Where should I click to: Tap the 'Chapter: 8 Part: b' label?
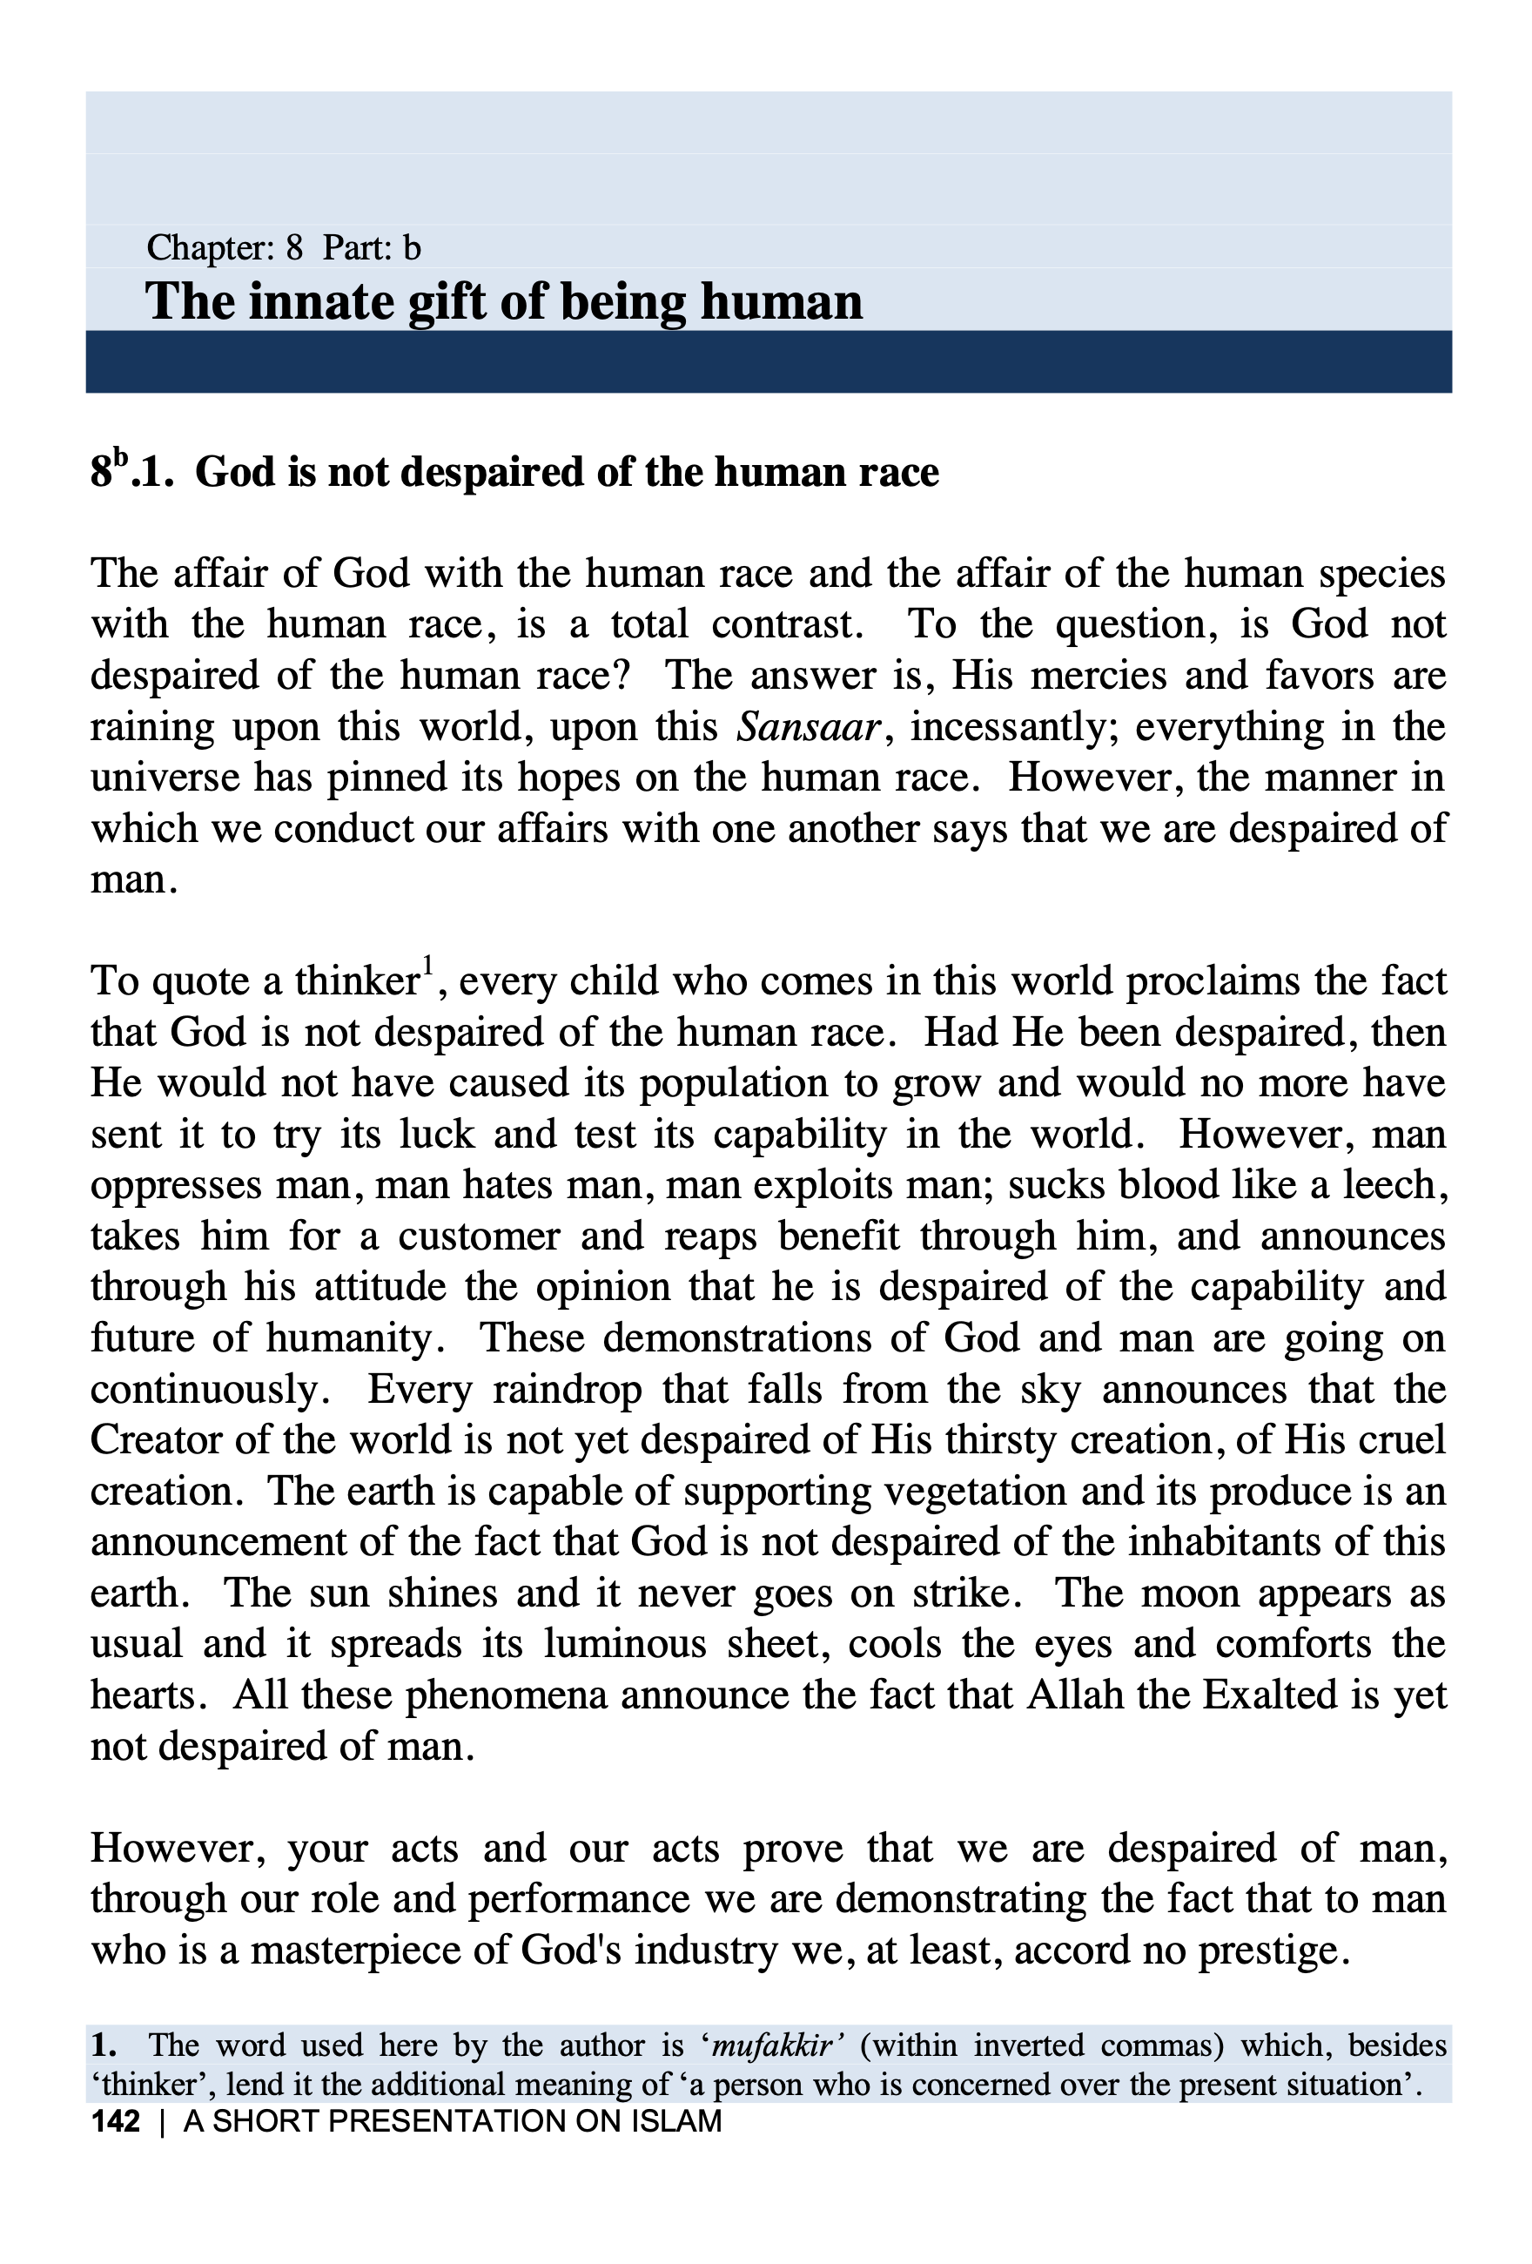tap(284, 248)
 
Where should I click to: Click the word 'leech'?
tap(1387, 1184)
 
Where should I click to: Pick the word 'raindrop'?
tap(567, 1388)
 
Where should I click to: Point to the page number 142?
tap(116, 2121)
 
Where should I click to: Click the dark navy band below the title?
tap(768, 361)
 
